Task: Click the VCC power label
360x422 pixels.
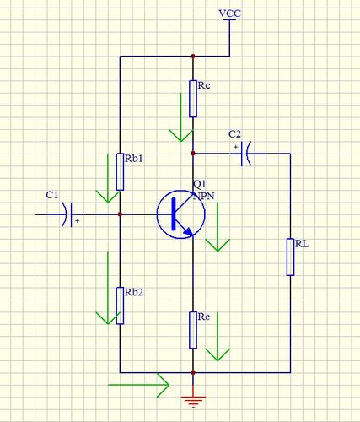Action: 229,14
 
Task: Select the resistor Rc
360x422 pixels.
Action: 193,99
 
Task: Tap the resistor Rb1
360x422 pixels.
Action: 120,172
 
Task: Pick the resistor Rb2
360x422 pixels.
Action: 120,306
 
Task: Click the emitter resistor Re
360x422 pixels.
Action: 193,330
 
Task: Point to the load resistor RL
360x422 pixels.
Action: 290,257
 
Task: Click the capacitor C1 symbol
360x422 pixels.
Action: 67,214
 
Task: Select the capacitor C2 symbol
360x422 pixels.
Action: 246,154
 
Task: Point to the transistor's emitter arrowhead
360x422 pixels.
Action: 188,231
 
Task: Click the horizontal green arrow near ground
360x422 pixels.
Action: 138,385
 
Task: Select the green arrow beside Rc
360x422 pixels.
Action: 181,117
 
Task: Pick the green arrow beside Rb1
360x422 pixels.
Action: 108,178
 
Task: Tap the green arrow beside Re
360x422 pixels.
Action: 218,337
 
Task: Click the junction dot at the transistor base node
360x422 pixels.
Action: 120,214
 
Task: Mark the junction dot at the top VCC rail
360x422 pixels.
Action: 193,57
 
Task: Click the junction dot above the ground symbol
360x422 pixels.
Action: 193,372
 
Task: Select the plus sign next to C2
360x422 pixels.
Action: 235,147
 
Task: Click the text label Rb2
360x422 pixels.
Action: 134,293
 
